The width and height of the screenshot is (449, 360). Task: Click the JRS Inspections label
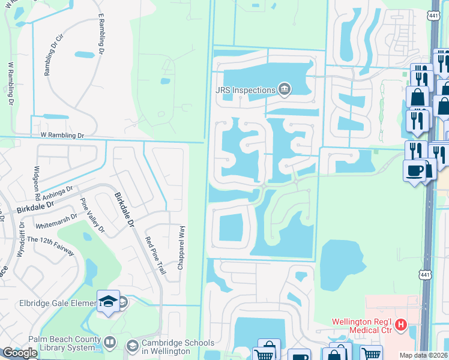click(x=246, y=90)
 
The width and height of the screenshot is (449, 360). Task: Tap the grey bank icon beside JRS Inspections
click(x=285, y=91)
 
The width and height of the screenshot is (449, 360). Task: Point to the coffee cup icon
click(x=415, y=170)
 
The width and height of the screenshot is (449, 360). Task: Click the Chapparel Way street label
click(x=180, y=247)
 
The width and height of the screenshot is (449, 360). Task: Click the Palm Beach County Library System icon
click(x=109, y=343)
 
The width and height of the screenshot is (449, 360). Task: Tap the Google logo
click(x=20, y=353)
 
